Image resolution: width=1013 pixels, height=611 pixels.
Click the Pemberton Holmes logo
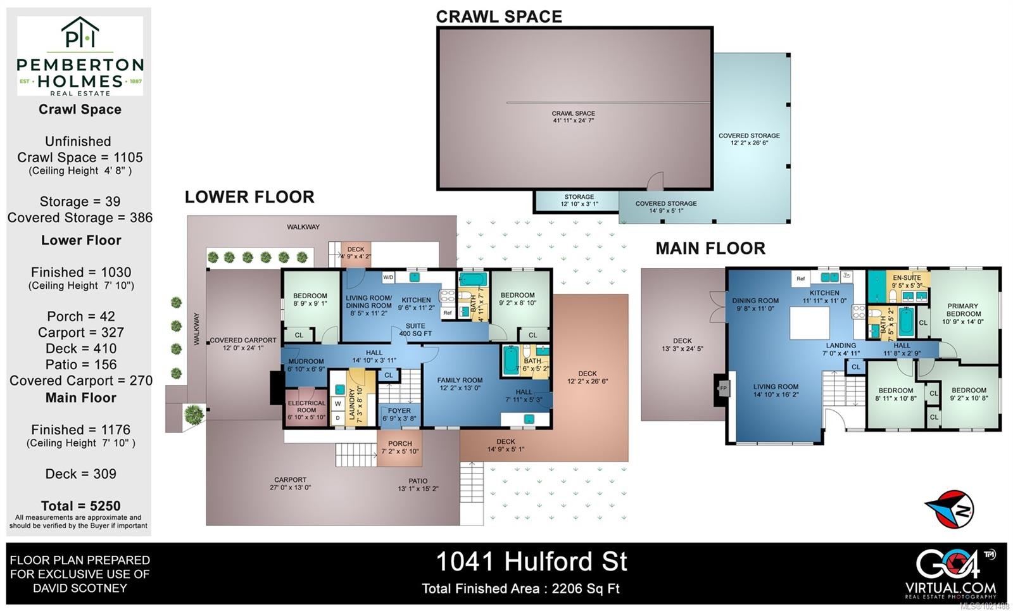point(80,56)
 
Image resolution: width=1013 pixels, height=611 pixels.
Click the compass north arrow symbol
point(949,508)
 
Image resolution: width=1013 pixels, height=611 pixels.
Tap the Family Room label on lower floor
point(460,384)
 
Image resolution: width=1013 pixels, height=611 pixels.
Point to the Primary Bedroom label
point(964,313)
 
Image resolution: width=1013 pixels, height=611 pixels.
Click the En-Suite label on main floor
point(907,281)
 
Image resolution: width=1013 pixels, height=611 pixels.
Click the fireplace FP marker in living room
point(722,388)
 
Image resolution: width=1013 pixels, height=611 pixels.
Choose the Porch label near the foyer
point(400,447)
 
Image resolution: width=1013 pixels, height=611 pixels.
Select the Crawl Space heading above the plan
point(499,16)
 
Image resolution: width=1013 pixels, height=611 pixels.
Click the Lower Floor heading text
point(249,197)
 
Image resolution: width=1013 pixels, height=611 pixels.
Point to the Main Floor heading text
point(710,248)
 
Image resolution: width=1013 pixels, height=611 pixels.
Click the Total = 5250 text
point(80,505)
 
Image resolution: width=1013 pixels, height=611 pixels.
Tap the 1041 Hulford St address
point(531,561)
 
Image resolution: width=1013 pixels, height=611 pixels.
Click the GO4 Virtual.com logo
point(950,572)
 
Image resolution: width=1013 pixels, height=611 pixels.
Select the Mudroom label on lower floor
point(306,365)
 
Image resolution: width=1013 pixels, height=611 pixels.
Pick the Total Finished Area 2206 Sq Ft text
point(520,588)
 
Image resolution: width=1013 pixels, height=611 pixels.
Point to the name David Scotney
point(80,588)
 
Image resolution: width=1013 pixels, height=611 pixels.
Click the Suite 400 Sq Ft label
point(415,330)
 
